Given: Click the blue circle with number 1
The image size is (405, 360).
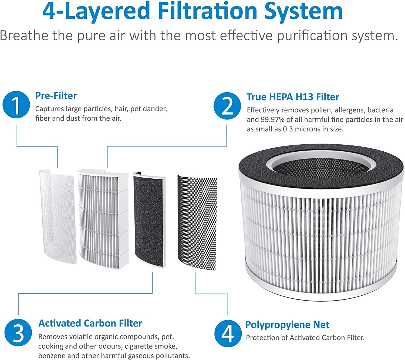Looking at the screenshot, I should click(16, 105).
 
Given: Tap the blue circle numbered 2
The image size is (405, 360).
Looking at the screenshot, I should click(227, 106).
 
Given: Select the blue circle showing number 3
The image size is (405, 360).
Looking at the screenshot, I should click(18, 333).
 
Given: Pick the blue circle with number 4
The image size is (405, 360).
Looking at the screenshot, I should click(228, 334).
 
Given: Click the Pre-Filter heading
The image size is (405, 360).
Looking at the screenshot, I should click(56, 96).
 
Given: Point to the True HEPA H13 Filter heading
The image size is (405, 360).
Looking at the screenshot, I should click(293, 97).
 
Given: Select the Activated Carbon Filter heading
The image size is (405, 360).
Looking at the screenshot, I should click(90, 323).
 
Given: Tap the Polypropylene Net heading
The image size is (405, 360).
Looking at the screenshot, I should click(287, 325).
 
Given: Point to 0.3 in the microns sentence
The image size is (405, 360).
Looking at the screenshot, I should click(288, 129).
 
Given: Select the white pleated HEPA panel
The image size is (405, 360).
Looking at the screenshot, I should click(103, 219).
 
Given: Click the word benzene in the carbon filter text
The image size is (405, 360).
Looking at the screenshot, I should click(52, 356).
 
